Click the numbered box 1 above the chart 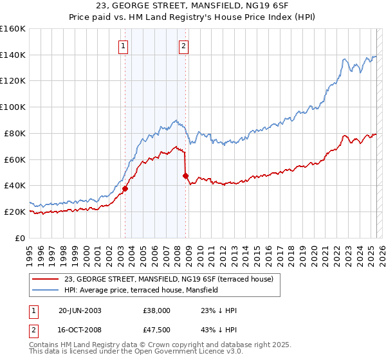(122, 46)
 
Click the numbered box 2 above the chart (184, 46)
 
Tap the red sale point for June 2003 (125, 188)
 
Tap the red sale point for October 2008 (186, 175)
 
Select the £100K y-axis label (13, 107)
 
